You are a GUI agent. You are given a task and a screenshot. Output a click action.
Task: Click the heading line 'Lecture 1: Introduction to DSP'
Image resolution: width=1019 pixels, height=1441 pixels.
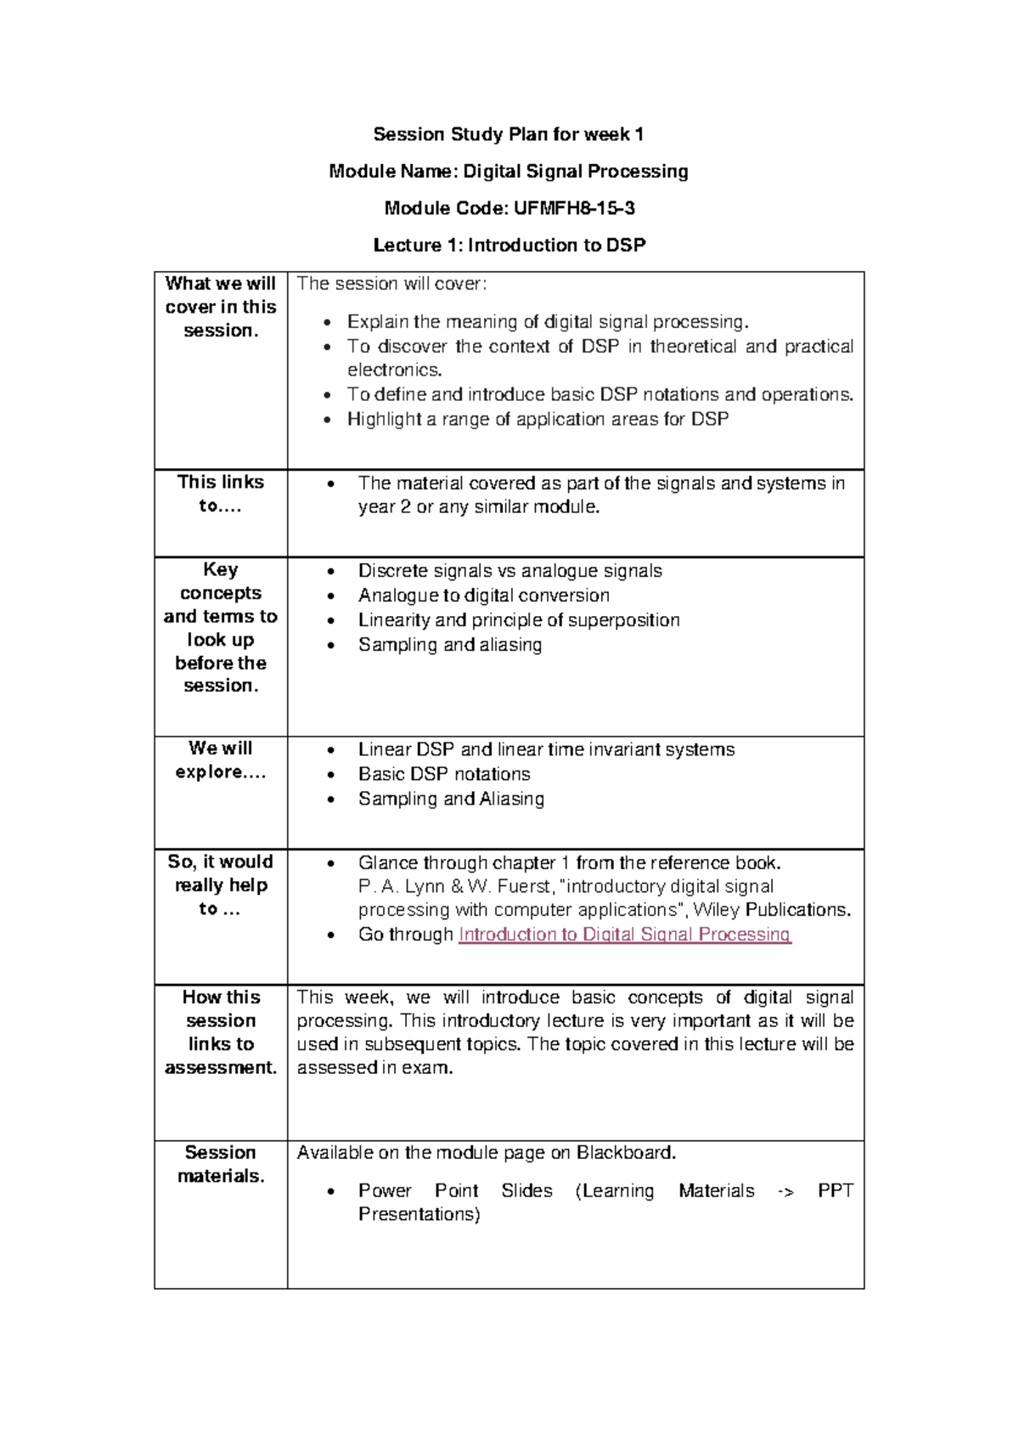point(509,246)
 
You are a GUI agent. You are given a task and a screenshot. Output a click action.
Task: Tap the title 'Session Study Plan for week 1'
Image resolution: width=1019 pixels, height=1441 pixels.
point(509,134)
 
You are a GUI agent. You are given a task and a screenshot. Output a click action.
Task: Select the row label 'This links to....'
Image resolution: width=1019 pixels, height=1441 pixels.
point(221,494)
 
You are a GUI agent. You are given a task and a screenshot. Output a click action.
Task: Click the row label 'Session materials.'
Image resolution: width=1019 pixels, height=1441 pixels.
point(221,1164)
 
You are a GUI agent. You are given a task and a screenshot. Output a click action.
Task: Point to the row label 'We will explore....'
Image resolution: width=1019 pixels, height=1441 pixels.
point(221,760)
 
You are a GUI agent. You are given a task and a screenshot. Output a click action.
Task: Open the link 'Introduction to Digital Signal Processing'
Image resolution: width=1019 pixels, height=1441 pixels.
point(624,935)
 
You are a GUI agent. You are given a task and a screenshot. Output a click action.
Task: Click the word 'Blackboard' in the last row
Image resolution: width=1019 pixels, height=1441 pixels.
point(625,1153)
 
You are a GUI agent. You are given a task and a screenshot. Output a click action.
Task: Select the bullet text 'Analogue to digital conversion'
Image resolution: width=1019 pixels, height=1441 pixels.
point(484,596)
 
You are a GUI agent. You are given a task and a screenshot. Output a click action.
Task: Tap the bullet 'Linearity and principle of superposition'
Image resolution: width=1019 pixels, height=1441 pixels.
point(519,620)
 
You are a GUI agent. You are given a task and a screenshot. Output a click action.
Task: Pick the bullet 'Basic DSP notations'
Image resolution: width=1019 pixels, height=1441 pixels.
point(444,774)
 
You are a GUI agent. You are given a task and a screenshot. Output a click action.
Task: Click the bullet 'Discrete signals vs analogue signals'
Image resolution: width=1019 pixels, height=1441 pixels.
point(509,571)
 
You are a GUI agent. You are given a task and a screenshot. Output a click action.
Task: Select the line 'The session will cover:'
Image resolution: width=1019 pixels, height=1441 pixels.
point(392,284)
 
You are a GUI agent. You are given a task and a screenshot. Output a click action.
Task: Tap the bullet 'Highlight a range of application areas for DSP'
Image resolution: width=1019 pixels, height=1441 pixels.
point(538,419)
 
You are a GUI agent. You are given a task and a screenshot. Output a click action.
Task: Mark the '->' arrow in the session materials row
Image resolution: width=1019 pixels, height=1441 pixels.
point(785,1191)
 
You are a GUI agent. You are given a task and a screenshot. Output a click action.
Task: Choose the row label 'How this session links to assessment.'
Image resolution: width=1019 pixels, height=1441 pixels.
point(221,1032)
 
